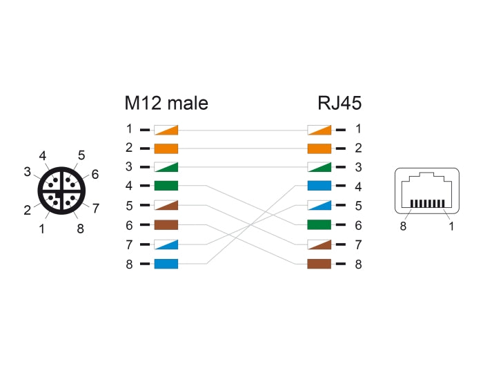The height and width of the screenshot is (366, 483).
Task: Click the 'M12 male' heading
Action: pos(166,104)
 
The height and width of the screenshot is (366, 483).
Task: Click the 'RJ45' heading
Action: pos(339,104)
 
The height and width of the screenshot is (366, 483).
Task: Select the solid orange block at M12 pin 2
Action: pos(166,148)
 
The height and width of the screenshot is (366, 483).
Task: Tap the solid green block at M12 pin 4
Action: pos(166,186)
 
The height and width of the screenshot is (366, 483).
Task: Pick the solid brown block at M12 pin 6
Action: pos(166,224)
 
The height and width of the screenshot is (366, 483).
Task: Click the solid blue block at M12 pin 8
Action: pos(166,263)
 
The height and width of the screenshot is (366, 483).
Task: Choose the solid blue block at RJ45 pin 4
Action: pos(319,186)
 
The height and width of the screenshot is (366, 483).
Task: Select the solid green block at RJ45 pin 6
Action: pos(319,224)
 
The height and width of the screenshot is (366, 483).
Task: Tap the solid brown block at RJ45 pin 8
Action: pos(319,263)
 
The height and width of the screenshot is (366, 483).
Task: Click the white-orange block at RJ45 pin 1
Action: pos(319,129)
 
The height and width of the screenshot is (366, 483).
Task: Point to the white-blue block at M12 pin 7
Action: pos(166,244)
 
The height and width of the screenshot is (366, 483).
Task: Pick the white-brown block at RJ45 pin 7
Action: pos(319,244)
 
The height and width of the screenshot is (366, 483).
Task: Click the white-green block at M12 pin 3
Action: pos(166,167)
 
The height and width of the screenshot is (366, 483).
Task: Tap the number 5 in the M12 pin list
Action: pos(129,206)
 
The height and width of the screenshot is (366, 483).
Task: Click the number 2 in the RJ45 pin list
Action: pos(358,148)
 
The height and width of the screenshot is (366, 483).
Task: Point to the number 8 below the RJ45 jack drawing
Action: pos(403,226)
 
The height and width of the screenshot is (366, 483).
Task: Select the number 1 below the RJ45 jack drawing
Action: pos(451,226)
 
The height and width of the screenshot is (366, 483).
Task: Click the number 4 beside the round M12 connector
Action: pos(43,156)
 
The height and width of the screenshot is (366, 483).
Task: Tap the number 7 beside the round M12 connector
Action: pos(96,207)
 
